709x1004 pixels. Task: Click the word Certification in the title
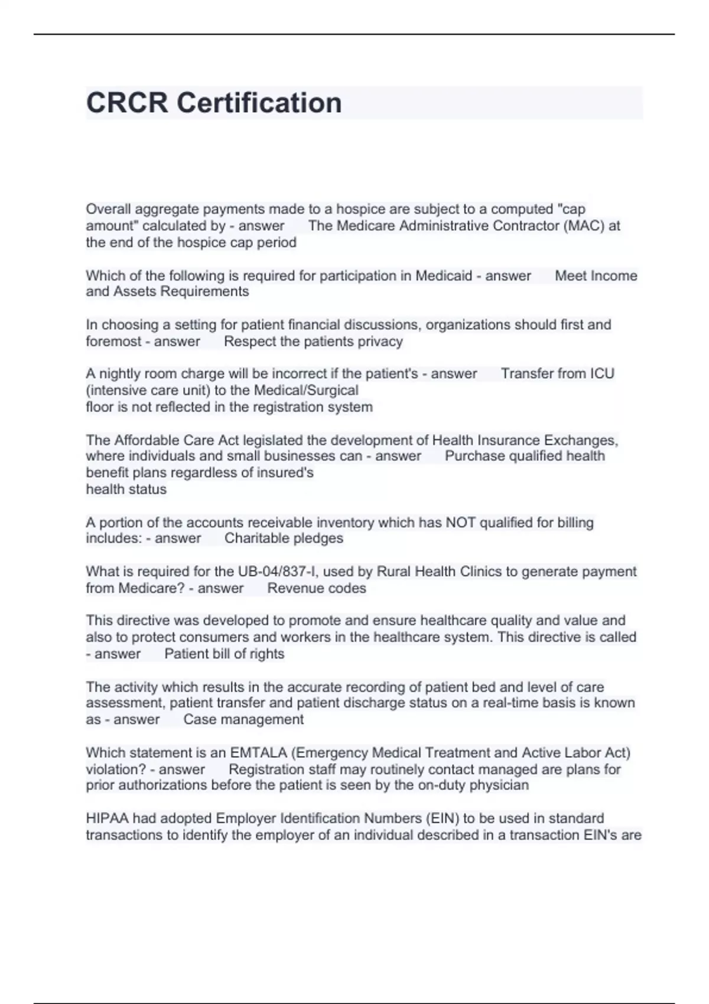tap(259, 103)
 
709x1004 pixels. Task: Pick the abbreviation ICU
tap(602, 373)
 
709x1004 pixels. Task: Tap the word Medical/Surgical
tap(306, 390)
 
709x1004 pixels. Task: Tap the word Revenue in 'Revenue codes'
tap(292, 588)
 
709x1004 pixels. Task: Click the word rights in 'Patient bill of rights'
tap(266, 654)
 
